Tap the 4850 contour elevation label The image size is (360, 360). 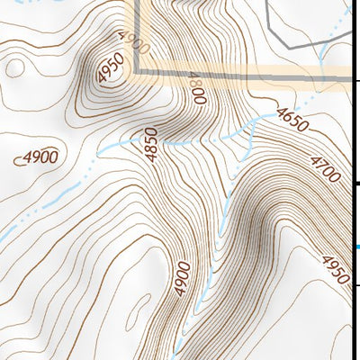pyautogui.click(x=150, y=145)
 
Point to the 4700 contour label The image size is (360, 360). pyautogui.click(x=323, y=168)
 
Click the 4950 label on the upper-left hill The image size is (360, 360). pyautogui.click(x=109, y=71)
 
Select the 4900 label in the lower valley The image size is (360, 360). pyautogui.click(x=183, y=278)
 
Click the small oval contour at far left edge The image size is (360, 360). pyautogui.click(x=14, y=67)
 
